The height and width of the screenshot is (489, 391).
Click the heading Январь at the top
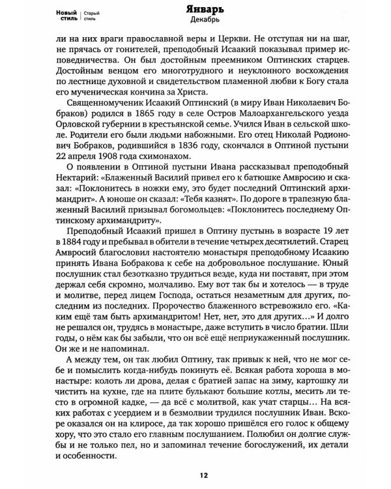(x=205, y=8)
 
